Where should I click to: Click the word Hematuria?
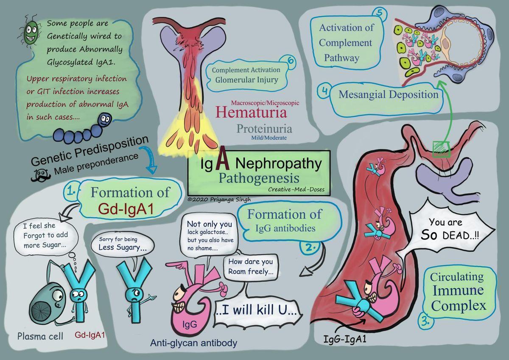click(x=251, y=112)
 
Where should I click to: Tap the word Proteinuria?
click(x=264, y=128)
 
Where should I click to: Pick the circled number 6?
click(x=291, y=61)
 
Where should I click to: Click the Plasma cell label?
click(x=40, y=336)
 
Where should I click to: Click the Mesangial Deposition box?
click(x=388, y=94)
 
